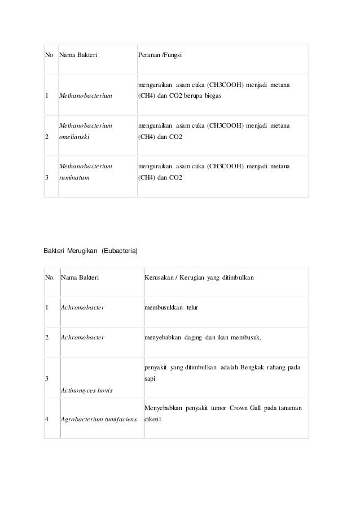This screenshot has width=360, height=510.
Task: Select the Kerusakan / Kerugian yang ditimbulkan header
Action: [x=199, y=278]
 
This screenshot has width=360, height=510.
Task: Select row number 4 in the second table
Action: [x=47, y=420]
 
